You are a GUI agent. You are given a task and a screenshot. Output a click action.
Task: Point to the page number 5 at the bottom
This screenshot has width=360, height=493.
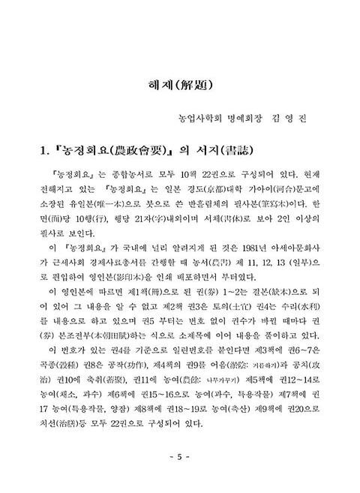click(180, 457)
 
